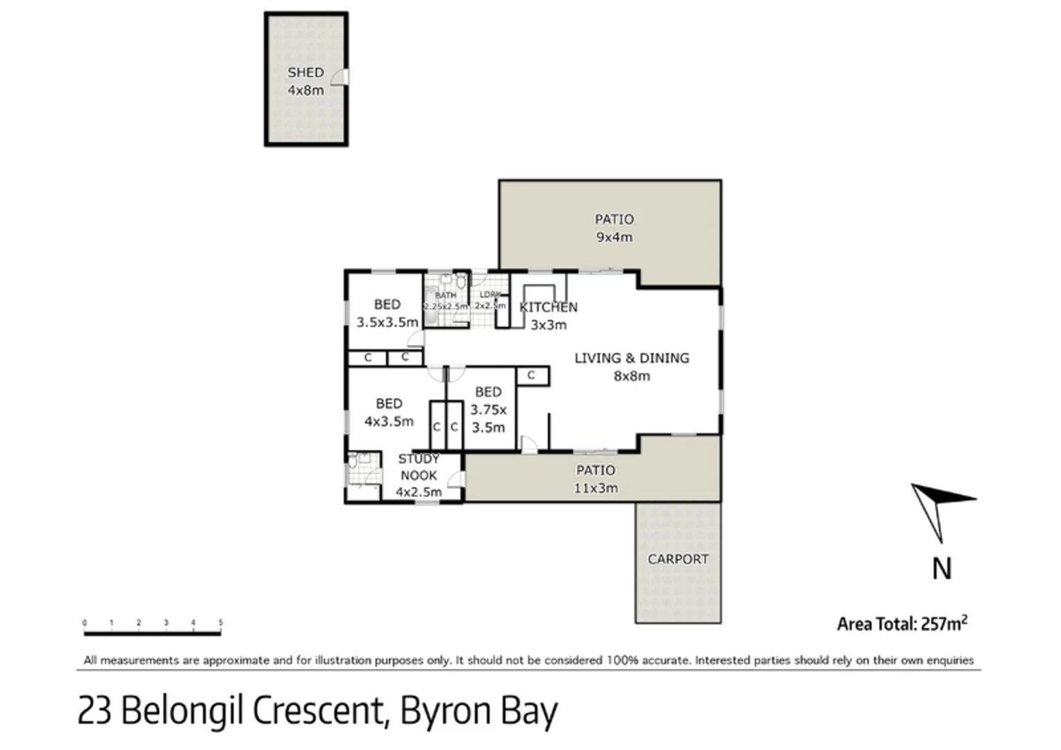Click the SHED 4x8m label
[306, 81]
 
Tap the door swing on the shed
[339, 77]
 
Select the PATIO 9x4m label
[614, 228]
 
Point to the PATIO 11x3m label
[596, 479]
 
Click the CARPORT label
[678, 559]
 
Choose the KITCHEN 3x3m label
[549, 315]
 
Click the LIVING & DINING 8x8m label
[631, 367]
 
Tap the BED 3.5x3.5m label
[387, 313]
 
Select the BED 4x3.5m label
[388, 412]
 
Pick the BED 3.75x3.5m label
[488, 410]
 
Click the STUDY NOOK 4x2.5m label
[418, 476]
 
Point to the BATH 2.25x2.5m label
[446, 301]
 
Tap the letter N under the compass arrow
[941, 569]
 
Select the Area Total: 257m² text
[901, 624]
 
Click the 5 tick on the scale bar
[220, 623]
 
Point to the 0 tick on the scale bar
[85, 623]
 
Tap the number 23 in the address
[94, 710]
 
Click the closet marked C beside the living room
[532, 376]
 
